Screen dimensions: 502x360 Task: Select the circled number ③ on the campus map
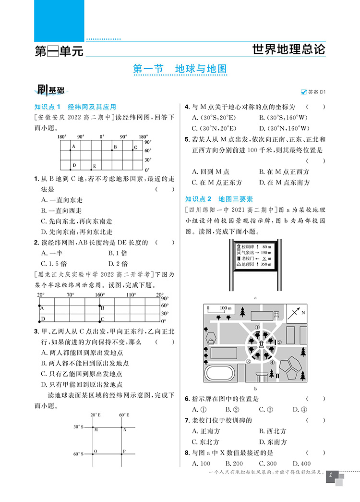pos(248,362)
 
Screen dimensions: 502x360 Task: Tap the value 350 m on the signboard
pos(263,264)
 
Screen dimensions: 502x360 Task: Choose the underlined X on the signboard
pos(260,258)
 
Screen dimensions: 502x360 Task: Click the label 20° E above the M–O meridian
pos(96,414)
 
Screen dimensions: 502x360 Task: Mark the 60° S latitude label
pos(78,453)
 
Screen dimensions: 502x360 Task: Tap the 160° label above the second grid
pos(100,295)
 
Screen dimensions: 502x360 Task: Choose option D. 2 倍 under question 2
pos(118,263)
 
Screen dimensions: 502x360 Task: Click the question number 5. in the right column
pos(187,139)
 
